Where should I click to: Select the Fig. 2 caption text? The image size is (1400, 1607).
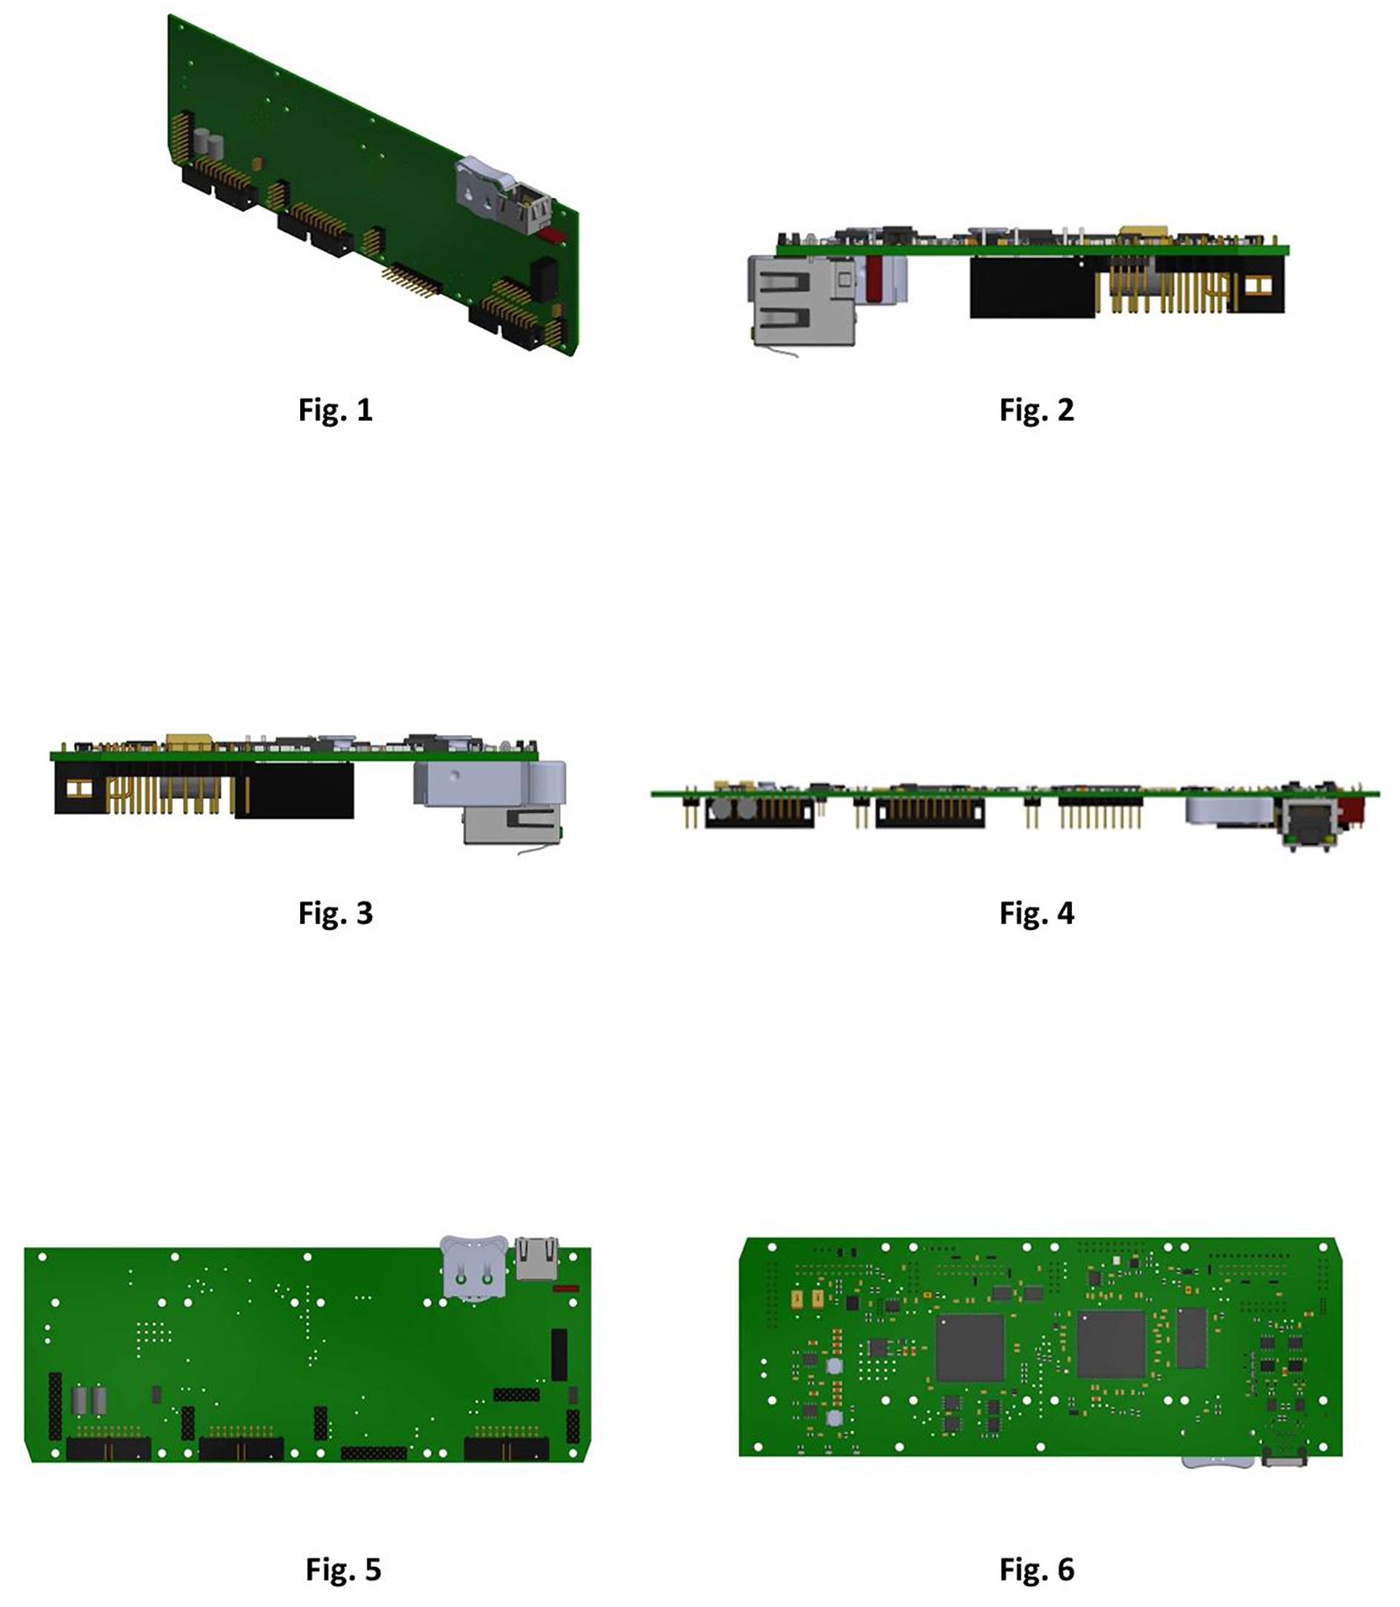[1037, 410]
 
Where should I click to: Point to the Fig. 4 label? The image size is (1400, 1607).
[1037, 914]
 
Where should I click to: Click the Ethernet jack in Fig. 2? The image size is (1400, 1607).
[800, 301]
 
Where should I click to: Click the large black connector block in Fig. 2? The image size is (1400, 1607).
[1031, 287]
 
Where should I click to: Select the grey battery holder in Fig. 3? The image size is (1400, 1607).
[490, 782]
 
